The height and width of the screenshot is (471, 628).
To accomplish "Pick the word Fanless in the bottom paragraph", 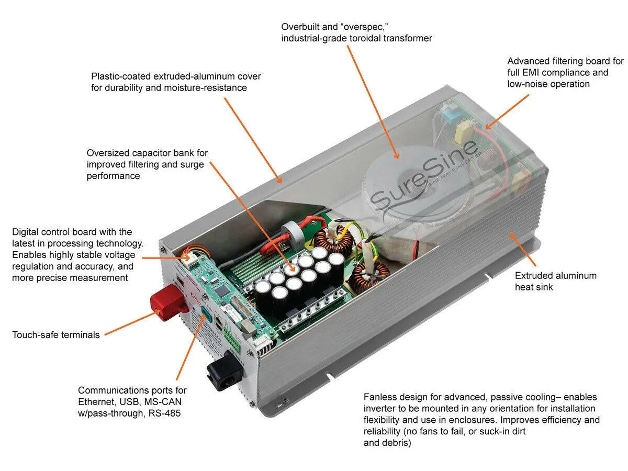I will pos(380,397).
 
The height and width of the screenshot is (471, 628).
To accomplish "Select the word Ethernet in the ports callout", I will pos(96,402).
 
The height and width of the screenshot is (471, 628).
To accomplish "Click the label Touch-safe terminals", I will pos(55,334).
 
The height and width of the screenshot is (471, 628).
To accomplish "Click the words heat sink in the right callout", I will pos(535,287).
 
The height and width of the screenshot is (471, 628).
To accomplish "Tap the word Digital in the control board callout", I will pos(27,232).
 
